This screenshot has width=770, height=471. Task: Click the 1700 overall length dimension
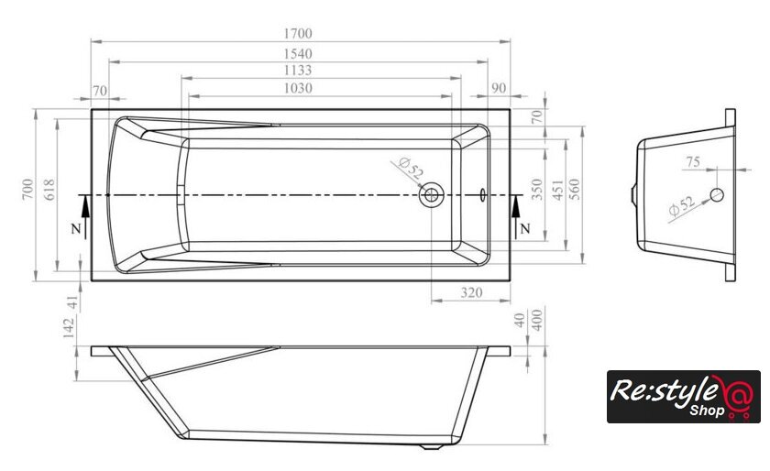(298, 33)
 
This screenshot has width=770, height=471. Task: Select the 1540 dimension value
(298, 53)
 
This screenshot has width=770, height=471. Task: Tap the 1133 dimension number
(298, 71)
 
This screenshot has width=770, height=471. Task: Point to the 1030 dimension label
(298, 88)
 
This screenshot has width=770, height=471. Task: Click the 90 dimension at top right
(499, 88)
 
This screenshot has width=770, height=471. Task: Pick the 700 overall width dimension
(28, 189)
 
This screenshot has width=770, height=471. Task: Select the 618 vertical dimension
(49, 189)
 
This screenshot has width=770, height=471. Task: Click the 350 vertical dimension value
(538, 189)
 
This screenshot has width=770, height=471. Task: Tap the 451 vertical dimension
(558, 189)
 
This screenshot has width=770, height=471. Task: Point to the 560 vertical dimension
(574, 189)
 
